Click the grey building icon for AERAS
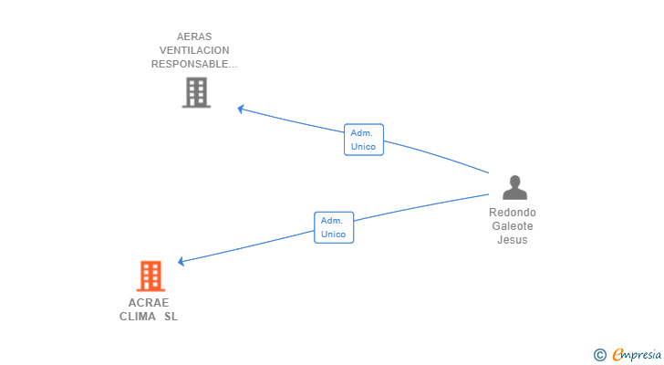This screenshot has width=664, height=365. [196, 92]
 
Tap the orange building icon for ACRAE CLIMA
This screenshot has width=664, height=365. [150, 276]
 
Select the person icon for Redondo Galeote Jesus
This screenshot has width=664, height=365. [515, 187]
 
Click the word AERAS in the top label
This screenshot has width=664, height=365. [193, 36]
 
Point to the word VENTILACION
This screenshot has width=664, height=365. [193, 50]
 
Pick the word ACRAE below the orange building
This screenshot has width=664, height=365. [149, 303]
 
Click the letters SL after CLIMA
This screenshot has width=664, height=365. [171, 317]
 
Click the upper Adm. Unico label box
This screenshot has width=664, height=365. [364, 140]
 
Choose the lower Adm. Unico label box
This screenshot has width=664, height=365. [334, 227]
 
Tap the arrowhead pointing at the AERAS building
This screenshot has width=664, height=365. [241, 109]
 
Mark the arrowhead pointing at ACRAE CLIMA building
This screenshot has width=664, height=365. [182, 262]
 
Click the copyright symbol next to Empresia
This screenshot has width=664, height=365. [599, 355]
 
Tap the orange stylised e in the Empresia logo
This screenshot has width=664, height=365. [617, 355]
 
